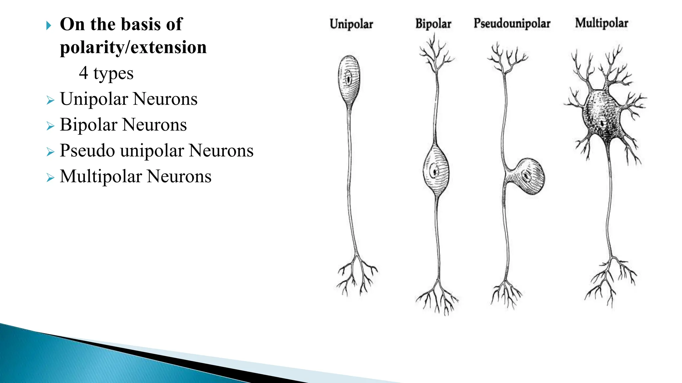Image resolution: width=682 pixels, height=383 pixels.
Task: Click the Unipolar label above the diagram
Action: point(351,24)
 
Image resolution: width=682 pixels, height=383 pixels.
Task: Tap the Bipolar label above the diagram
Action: point(433,24)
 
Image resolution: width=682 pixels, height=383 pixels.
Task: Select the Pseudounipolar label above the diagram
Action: point(512,24)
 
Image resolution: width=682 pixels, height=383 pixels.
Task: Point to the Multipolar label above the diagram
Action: point(601,23)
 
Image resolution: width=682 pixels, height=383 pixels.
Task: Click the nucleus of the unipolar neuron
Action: point(349,79)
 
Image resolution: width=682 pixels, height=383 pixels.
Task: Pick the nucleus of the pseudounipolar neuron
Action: point(526,175)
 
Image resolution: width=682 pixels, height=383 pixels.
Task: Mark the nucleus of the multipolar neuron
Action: point(602,123)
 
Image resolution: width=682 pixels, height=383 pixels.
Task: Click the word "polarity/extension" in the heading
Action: point(133,47)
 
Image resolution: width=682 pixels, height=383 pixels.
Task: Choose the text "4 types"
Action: point(106,73)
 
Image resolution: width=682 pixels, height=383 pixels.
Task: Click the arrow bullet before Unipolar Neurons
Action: point(50,100)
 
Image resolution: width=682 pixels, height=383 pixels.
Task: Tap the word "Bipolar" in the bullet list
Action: point(89,125)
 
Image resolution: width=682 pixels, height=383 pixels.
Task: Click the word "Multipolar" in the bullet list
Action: point(101,176)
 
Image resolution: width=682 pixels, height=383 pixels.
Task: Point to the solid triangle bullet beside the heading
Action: point(49,26)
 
